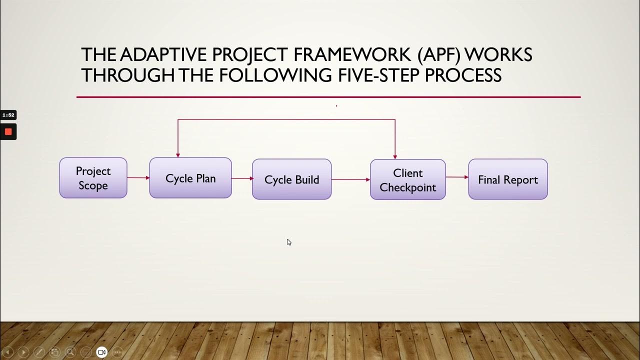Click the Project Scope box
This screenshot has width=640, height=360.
[93, 178]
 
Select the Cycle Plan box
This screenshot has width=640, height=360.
[190, 178]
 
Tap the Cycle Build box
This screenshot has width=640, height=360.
[291, 179]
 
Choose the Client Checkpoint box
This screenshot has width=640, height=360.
[407, 180]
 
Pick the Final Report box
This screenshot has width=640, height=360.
[507, 179]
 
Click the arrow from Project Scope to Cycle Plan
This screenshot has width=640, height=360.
[138, 177]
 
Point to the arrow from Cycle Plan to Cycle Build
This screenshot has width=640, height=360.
[242, 178]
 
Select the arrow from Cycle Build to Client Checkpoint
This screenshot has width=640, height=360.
[350, 179]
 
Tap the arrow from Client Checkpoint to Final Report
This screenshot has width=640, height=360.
[457, 177]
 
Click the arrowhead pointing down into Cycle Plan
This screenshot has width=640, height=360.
[178, 155]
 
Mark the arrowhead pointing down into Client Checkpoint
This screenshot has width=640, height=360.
[395, 156]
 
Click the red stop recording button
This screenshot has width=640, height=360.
[8, 131]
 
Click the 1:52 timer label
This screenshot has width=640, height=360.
[8, 115]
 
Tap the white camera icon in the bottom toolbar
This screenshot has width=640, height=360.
[101, 352]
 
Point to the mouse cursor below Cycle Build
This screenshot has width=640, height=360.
[288, 241]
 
